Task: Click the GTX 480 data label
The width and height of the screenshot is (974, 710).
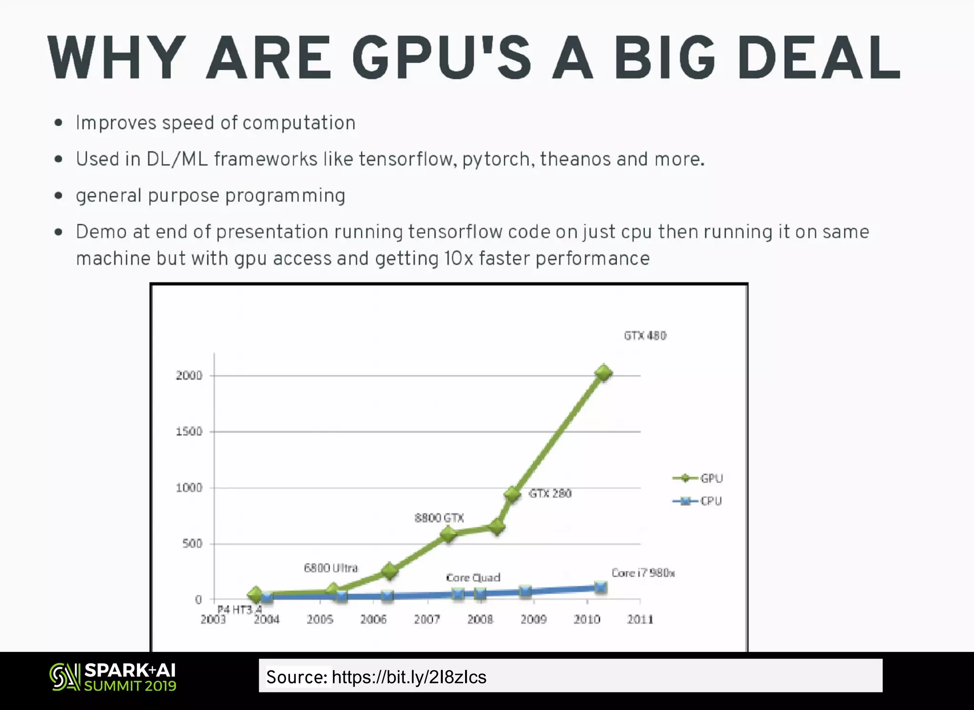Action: (645, 336)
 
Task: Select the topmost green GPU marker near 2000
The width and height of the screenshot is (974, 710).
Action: (604, 373)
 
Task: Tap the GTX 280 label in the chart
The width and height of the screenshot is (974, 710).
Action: (550, 494)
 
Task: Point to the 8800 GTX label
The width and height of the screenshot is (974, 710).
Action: (439, 518)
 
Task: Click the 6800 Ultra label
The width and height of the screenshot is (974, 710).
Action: (331, 568)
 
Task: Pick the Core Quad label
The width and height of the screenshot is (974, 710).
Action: (473, 578)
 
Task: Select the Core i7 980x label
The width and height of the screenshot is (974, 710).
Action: (643, 573)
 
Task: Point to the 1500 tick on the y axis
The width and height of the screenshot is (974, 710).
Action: (189, 432)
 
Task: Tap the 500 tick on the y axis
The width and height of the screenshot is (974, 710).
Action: (192, 544)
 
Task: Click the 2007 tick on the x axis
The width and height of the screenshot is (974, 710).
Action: (427, 620)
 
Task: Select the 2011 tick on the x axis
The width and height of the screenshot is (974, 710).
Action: (640, 620)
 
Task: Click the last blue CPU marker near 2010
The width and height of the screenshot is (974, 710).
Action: (601, 588)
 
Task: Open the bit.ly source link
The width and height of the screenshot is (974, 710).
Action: (409, 677)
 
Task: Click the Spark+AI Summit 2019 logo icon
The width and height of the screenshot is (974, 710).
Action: (65, 677)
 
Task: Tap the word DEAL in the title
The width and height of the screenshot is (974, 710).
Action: (819, 58)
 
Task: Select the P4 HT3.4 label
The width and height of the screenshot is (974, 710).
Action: (239, 609)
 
